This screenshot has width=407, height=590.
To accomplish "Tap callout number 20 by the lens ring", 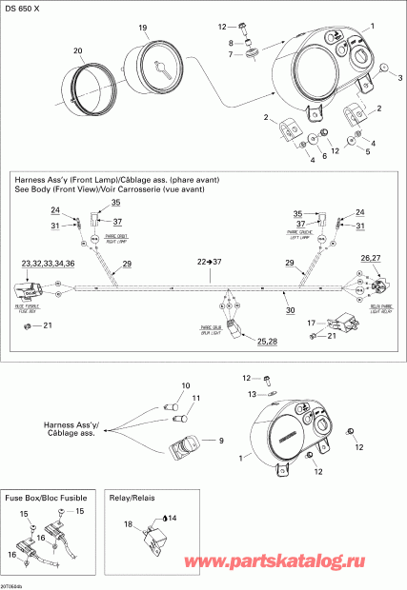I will pyautogui.click(x=77, y=49).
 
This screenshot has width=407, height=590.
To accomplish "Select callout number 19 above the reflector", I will pyautogui.click(x=143, y=29).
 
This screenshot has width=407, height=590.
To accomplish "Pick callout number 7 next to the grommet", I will pyautogui.click(x=230, y=56).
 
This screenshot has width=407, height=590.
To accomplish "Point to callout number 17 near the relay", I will pyautogui.click(x=310, y=324).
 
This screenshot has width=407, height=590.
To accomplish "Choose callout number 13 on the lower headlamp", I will pyautogui.click(x=252, y=394).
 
